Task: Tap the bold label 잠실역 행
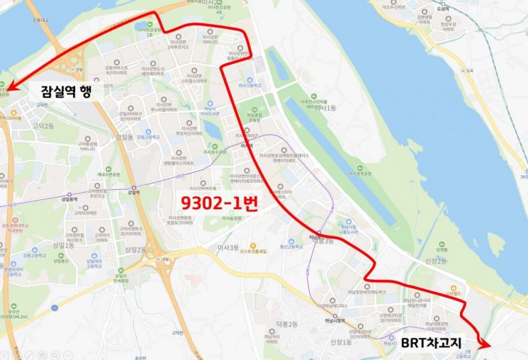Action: click(60, 91)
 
